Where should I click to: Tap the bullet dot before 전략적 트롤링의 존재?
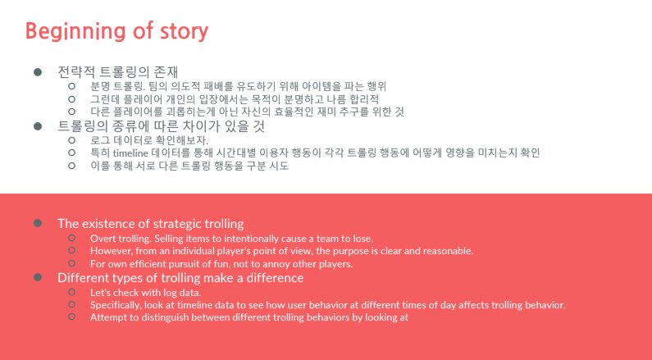(x=38, y=72)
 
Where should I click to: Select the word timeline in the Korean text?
(x=130, y=153)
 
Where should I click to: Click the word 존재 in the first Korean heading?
(x=166, y=72)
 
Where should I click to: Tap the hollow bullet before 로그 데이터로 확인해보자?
(x=72, y=140)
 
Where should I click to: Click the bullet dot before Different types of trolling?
(x=38, y=277)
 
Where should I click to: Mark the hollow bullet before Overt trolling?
(x=72, y=238)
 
